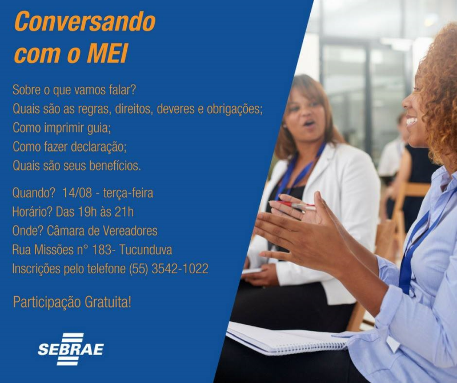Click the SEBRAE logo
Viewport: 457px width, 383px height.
(x=70, y=348)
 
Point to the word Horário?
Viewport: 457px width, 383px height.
(x=33, y=212)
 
